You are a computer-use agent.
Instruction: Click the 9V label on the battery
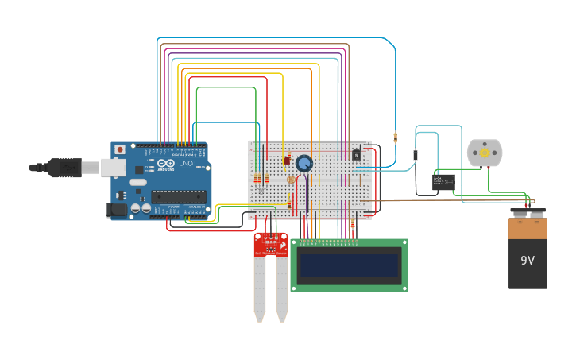pos(528,261)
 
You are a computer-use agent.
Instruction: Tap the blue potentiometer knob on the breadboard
pos(303,164)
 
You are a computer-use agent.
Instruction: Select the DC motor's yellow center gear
pos(485,153)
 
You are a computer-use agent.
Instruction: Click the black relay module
pos(443,182)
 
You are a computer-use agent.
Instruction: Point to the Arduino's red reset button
pos(120,149)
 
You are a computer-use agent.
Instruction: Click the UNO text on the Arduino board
pos(185,163)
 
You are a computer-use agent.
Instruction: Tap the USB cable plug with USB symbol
pos(67,168)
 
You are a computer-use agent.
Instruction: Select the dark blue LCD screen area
pos(349,265)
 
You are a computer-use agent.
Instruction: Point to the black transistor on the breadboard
pos(356,154)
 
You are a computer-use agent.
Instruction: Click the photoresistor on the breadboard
pos(291,180)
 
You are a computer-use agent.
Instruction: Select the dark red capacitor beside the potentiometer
pos(287,161)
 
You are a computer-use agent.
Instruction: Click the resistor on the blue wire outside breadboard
pos(396,137)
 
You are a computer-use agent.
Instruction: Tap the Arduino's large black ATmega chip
pos(178,197)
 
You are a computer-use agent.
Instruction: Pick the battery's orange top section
pos(528,229)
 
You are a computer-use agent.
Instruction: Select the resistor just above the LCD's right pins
pos(353,225)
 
